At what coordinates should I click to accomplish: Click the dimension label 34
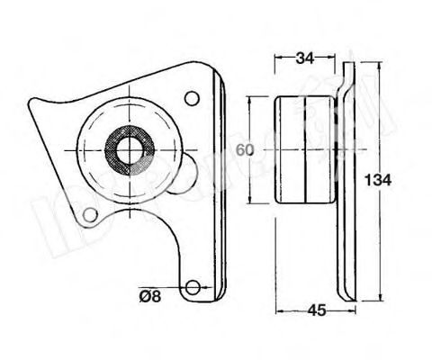pos(306,59)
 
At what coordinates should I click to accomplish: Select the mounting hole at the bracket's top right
pos(190,98)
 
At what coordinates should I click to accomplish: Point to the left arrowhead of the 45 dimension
pos(277,311)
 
